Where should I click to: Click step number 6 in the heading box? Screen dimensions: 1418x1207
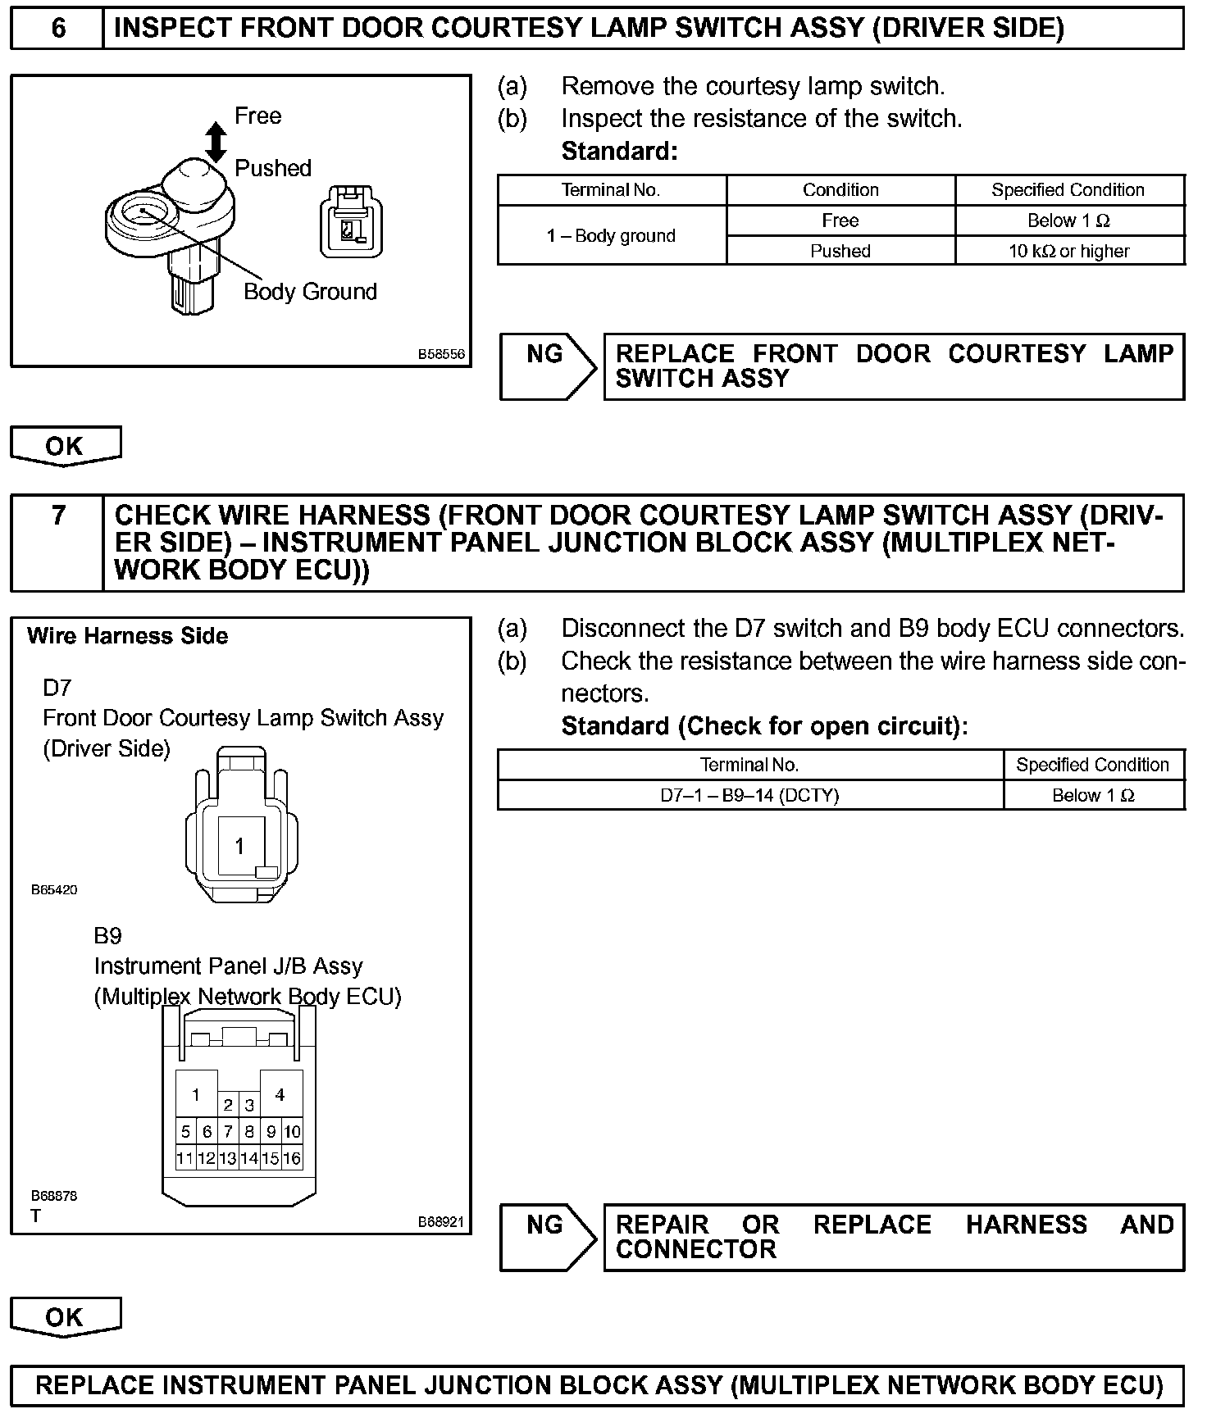[58, 29]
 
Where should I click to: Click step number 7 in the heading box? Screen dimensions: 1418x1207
[58, 516]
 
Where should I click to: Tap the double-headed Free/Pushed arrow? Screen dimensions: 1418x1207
[216, 142]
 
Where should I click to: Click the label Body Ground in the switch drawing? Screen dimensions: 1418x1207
[310, 292]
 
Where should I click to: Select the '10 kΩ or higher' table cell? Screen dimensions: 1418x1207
[1068, 251]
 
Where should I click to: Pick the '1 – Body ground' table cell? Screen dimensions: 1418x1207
[611, 236]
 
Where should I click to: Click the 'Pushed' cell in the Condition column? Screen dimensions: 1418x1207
[840, 251]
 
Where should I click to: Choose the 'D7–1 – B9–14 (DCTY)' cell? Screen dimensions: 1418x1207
[749, 795]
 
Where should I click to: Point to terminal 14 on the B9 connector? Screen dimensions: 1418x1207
[249, 1158]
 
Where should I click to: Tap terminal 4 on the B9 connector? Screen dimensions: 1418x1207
[280, 1094]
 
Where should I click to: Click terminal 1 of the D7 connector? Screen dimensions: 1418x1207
[239, 846]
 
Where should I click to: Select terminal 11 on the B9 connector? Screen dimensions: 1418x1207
[185, 1158]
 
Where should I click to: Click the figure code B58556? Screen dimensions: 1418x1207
[441, 354]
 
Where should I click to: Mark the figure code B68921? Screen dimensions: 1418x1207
[441, 1221]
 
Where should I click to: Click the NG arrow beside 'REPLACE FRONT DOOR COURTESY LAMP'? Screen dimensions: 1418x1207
[548, 366]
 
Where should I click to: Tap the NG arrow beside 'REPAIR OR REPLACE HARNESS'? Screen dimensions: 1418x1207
[548, 1237]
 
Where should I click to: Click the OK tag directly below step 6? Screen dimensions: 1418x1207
[65, 447]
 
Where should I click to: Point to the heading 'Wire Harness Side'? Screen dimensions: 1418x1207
[128, 636]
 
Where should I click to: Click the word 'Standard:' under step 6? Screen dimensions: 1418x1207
[619, 152]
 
